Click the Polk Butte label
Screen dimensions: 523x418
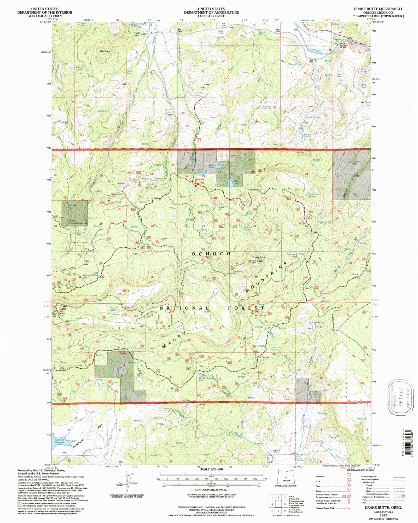105,51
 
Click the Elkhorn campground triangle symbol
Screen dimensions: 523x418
196,183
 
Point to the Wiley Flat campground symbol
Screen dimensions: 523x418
252,312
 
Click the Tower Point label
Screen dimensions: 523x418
258,257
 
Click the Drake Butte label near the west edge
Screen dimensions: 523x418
63,307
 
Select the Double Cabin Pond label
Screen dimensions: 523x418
206,379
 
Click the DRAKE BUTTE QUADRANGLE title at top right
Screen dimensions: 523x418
378,9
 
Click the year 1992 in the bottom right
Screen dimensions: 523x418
384,515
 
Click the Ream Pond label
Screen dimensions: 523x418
211,166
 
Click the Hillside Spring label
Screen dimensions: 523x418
248,228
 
